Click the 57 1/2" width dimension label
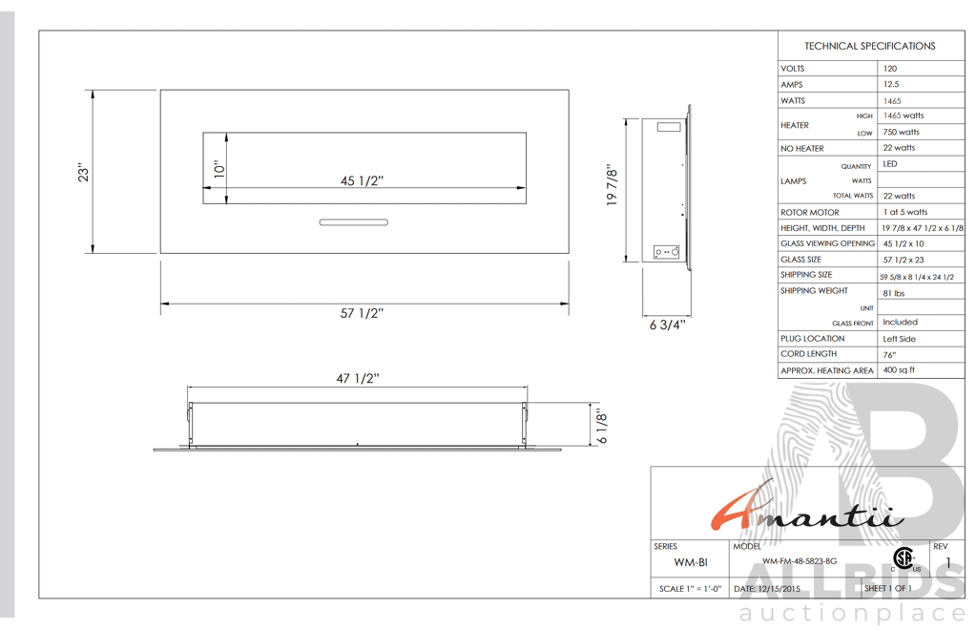pos(363,313)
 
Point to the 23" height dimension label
pos(84,172)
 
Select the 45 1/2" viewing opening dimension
pos(363,181)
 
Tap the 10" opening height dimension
pos(219,170)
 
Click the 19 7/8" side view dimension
pos(613,187)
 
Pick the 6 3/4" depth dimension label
pos(667,325)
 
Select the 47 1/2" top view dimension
pos(358,379)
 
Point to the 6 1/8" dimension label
pos(602,427)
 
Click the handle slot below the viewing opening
pos(353,222)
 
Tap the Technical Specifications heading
pos(870,46)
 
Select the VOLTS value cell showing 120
pos(890,69)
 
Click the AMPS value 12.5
pos(891,84)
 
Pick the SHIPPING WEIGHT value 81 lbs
pos(894,293)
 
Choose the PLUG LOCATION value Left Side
pos(899,339)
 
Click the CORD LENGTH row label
pos(808,354)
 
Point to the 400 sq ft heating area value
pos(899,370)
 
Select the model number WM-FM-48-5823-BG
pos(800,561)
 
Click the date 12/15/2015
pos(780,590)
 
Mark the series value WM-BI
pos(691,562)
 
